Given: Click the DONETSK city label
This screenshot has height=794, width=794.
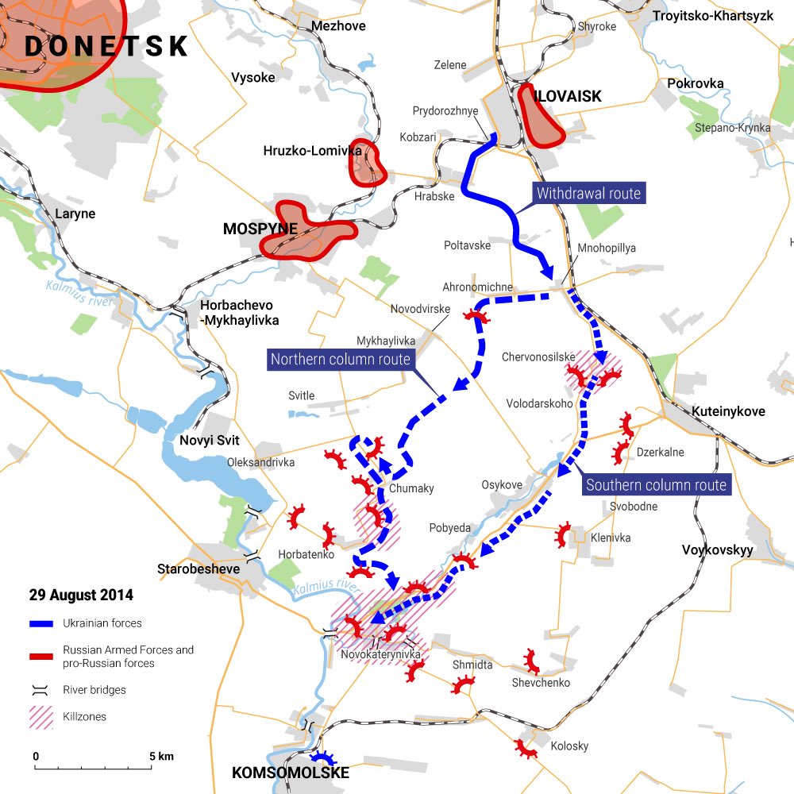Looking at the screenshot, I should click(x=106, y=46).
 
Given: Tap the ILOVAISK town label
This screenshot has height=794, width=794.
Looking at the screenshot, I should click(x=568, y=96).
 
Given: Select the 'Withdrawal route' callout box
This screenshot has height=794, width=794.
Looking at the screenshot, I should click(x=588, y=193).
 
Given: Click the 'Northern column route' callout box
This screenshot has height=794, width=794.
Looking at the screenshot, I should click(x=341, y=360).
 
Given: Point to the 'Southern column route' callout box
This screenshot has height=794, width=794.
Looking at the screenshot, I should click(x=656, y=485).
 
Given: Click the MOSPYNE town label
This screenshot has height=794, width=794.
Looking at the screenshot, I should click(x=260, y=229).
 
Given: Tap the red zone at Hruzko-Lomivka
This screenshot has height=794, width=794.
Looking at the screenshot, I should click(x=368, y=164).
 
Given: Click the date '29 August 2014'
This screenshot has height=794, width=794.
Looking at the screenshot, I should click(x=81, y=595).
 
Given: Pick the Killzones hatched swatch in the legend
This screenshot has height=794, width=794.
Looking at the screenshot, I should click(x=41, y=717).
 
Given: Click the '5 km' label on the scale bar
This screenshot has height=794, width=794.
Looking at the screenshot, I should click(x=161, y=756).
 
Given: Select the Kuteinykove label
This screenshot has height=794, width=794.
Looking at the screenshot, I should click(x=728, y=411).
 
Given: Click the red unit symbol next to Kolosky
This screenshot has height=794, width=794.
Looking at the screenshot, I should click(x=525, y=747).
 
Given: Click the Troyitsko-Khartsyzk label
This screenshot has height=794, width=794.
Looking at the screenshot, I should click(x=712, y=16).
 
